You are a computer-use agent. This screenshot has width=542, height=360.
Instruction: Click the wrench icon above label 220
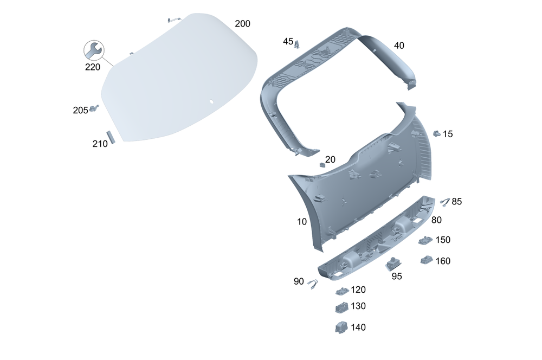tap(94, 50)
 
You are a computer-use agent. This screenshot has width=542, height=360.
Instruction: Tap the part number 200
tap(242, 23)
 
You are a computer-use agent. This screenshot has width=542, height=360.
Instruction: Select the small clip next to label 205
tap(93, 108)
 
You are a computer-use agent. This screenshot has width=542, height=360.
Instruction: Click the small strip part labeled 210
tap(111, 137)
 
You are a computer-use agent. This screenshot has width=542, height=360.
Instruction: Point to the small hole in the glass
tap(211, 102)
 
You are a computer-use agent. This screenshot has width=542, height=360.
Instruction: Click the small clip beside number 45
tap(297, 44)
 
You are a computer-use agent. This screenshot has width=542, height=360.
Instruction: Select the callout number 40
tap(399, 46)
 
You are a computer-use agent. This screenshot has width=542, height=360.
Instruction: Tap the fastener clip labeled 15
tap(437, 133)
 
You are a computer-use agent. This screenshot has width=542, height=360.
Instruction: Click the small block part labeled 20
tap(322, 165)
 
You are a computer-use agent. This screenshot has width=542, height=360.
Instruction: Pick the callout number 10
tap(302, 222)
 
